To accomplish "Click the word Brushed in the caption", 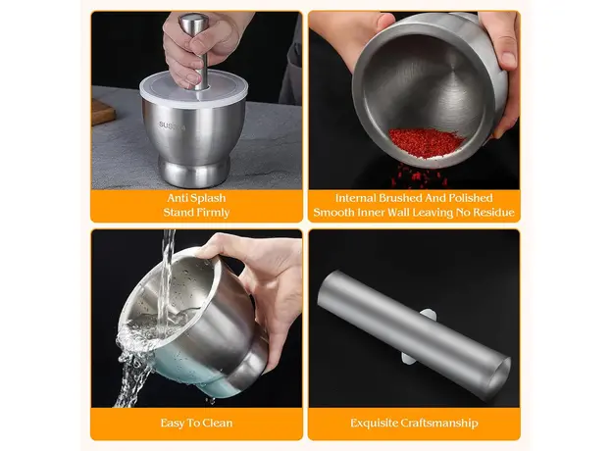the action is pos(400,198).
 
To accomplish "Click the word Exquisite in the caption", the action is pos(373,424).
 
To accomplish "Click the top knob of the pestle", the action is pos(193,23).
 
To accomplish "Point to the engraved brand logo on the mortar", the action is pos(172,125).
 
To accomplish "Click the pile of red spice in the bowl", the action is pos(426,142).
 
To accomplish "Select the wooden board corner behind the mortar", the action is pos(103,112).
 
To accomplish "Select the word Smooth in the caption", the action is pos(331,213).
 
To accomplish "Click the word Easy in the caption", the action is pos(174,424).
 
